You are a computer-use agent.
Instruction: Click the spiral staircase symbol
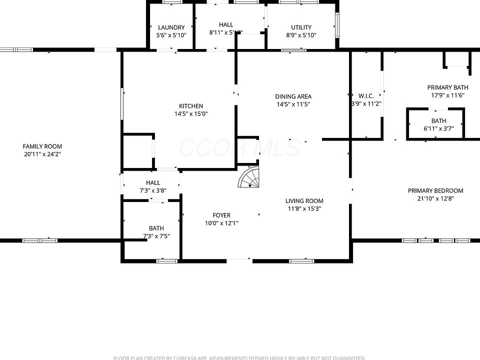point(248,177)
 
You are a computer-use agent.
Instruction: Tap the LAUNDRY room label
point(171,27)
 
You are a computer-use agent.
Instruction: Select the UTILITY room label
point(301,27)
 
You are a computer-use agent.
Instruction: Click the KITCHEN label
point(191,106)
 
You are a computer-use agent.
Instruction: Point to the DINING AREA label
point(293,96)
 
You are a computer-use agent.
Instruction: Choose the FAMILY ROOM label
point(42,146)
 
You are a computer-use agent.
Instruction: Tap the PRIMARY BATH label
point(447,87)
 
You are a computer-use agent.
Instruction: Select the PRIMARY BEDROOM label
point(435,190)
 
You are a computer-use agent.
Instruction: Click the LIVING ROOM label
point(304,201)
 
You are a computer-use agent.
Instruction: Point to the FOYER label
point(221,215)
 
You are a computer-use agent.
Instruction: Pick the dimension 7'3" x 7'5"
point(156,236)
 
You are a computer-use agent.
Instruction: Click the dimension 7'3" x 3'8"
point(153,190)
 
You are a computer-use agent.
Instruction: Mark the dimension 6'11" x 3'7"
point(438,128)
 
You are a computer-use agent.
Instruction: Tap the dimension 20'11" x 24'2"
point(42,154)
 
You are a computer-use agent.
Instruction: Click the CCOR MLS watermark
point(240,148)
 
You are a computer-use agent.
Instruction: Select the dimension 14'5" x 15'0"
point(191,113)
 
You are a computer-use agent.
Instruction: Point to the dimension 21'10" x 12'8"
point(435,198)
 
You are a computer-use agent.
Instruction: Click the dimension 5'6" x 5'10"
point(171,35)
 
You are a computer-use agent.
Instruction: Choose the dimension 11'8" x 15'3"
point(304,209)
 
